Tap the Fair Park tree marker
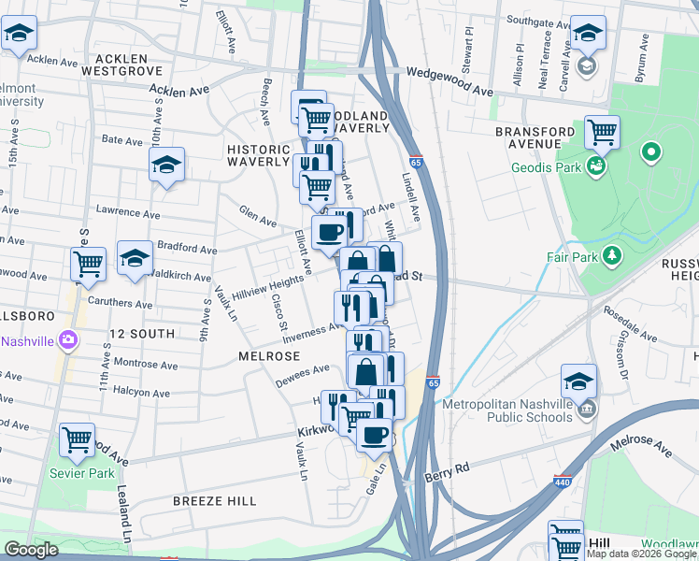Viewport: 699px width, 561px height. point(611,254)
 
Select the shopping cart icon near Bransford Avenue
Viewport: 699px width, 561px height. point(603,133)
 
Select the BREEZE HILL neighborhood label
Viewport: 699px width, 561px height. point(215,501)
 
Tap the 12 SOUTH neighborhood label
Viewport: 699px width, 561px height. point(141,334)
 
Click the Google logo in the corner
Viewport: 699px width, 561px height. point(31,550)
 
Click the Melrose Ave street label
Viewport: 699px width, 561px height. point(640,447)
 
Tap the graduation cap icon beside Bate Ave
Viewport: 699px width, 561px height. point(166,165)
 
